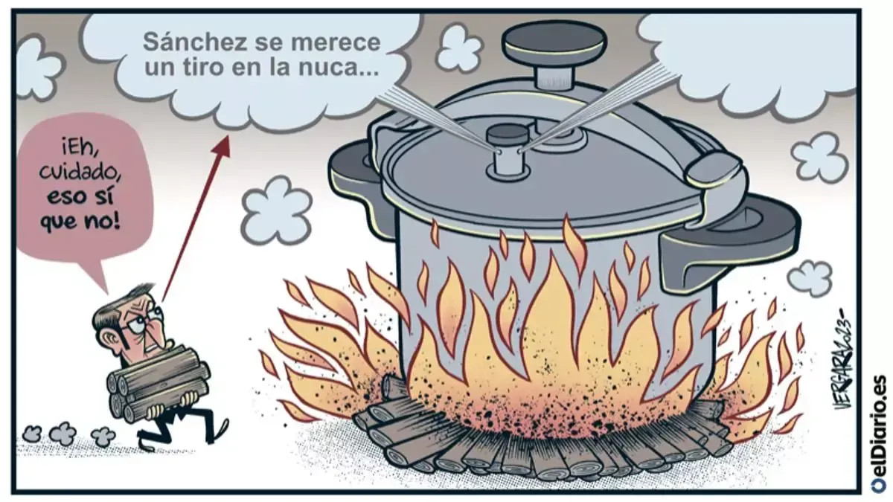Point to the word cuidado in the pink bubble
click(80, 173)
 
